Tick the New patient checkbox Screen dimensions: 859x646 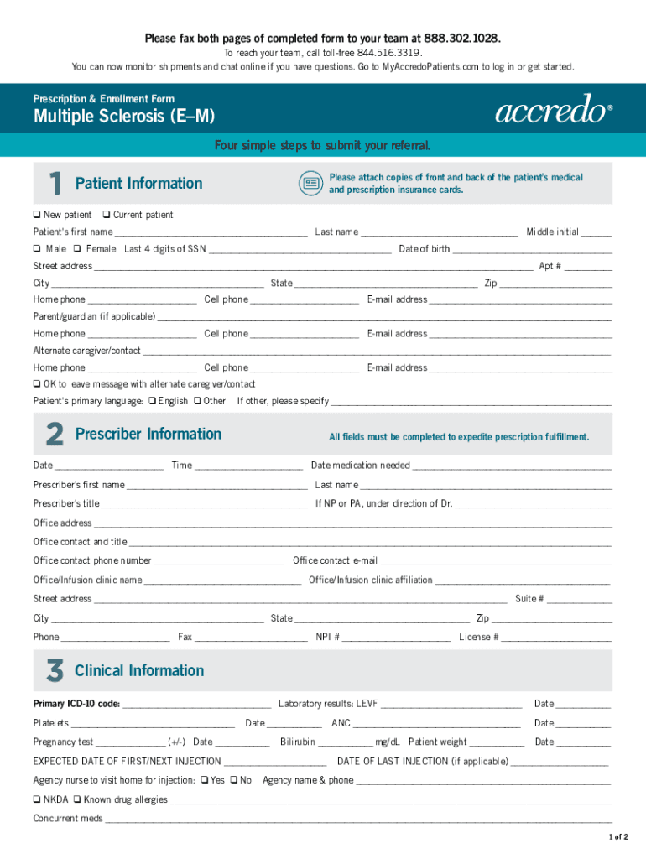[x=37, y=215]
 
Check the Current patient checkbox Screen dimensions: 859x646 [x=107, y=215]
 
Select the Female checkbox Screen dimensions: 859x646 [x=77, y=249]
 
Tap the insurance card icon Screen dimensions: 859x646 [x=311, y=183]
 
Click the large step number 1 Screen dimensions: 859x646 [x=54, y=184]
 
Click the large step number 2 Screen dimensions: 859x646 [x=54, y=435]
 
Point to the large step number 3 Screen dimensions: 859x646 [x=54, y=671]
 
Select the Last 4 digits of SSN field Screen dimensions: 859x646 [x=300, y=249]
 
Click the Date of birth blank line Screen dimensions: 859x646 [x=532, y=249]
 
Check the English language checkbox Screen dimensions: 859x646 [x=152, y=401]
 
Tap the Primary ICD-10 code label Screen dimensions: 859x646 [x=76, y=704]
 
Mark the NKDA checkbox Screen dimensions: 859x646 [x=37, y=799]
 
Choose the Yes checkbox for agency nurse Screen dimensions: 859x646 [x=204, y=780]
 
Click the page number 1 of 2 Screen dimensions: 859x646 [x=618, y=837]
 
